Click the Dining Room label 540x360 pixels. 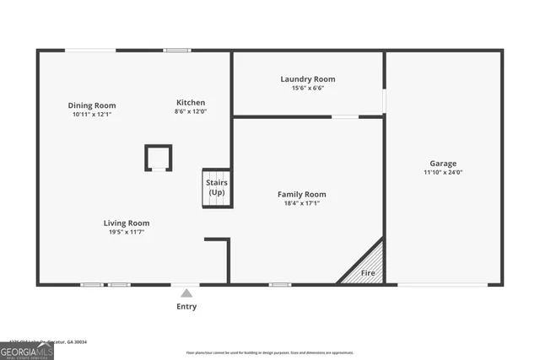(92, 105)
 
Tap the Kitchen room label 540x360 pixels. (191, 102)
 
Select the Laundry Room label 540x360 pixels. (308, 79)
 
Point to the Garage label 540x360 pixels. (443, 164)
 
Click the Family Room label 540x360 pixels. (302, 194)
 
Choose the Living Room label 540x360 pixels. (127, 223)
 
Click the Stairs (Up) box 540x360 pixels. (217, 187)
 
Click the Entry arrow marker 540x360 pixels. (186, 293)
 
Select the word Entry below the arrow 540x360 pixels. (186, 307)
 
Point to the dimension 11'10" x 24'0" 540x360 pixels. (443, 173)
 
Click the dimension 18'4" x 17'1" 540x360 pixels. (302, 203)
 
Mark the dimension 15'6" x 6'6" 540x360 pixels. (308, 89)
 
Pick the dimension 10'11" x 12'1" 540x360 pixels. (92, 114)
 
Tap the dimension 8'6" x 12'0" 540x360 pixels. (191, 111)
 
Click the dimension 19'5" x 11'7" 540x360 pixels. (127, 232)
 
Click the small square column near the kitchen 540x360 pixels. (159, 158)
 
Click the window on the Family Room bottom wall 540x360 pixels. (280, 285)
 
